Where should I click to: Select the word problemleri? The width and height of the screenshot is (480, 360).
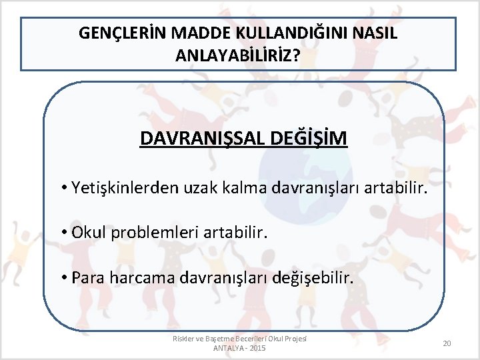click(x=149, y=233)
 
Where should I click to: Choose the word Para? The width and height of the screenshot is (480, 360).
click(x=87, y=277)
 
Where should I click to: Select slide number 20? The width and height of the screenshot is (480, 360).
click(x=447, y=343)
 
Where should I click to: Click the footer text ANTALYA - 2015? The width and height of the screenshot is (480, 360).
click(x=239, y=349)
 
